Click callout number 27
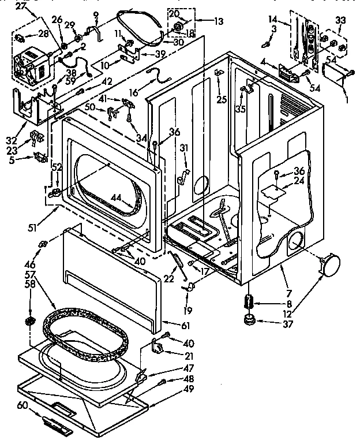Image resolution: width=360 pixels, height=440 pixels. (x=21, y=7)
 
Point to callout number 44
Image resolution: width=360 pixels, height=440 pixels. (x=118, y=198)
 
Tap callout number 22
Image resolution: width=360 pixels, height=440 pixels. (x=168, y=278)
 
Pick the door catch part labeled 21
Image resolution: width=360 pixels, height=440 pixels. (x=157, y=347)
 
